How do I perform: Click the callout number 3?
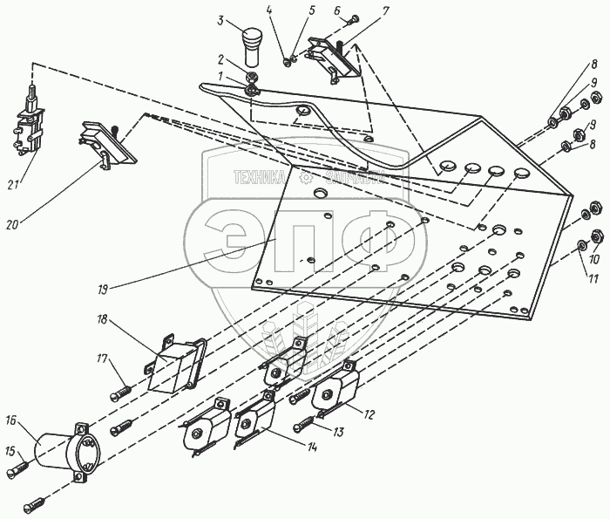click(x=221, y=20)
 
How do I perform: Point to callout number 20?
click(x=11, y=225)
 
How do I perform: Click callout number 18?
click(x=102, y=320)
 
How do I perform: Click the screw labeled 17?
click(x=122, y=389)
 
